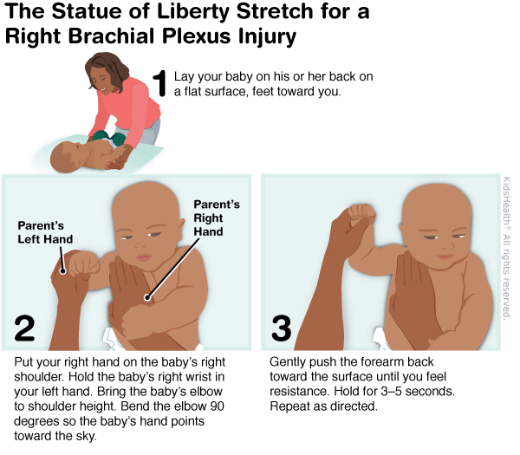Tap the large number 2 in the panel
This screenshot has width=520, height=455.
click(x=24, y=328)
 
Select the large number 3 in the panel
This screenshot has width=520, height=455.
click(x=282, y=328)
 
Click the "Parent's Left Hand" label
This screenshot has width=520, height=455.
click(x=45, y=232)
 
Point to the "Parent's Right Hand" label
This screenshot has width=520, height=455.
click(x=217, y=218)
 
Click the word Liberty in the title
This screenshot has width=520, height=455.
click(x=193, y=12)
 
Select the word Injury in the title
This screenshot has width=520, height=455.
click(x=267, y=37)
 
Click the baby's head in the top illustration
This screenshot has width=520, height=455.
click(x=67, y=157)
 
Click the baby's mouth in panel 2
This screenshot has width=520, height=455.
click(x=144, y=257)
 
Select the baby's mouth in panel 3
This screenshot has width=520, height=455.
click(x=445, y=256)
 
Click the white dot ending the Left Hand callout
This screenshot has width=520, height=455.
click(x=62, y=271)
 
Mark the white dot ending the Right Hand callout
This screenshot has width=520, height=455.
click(x=147, y=297)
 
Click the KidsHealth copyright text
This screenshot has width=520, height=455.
click(x=506, y=248)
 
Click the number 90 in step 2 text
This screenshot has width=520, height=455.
click(x=217, y=406)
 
